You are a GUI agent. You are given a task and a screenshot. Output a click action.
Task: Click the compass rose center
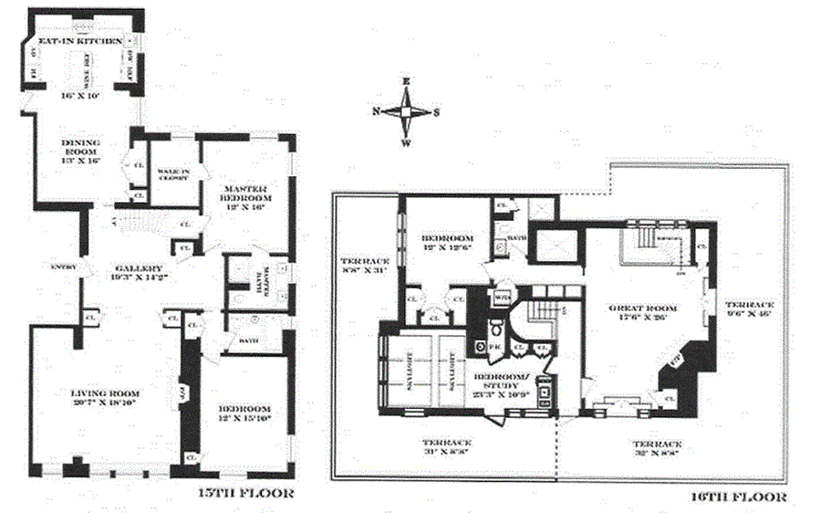(x=406, y=112)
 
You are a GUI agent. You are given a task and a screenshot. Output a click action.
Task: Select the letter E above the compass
(x=406, y=82)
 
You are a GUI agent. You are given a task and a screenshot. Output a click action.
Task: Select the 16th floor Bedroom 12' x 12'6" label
(x=439, y=241)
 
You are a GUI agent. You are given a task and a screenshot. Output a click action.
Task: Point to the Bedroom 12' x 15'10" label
(x=244, y=407)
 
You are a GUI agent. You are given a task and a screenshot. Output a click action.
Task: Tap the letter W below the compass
(x=406, y=143)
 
